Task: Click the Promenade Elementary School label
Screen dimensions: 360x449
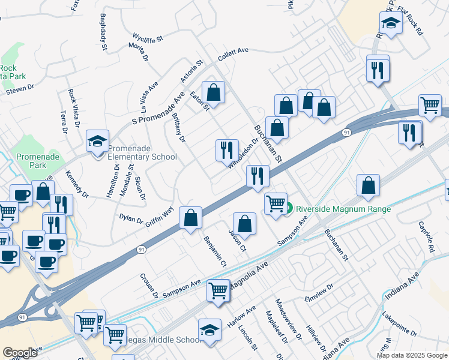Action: (142, 152)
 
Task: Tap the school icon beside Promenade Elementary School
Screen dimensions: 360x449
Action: (97, 142)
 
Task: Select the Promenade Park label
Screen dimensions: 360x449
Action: (31, 160)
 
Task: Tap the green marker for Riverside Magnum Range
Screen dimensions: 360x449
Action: (288, 209)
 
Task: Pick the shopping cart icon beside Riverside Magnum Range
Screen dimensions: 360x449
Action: (276, 203)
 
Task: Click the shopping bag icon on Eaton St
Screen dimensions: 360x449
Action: (212, 93)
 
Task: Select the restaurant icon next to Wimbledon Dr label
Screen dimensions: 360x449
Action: (226, 150)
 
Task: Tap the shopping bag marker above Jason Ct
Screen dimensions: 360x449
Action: (244, 224)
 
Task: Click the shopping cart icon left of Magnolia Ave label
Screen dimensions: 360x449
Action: (218, 290)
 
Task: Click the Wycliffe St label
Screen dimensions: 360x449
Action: (148, 37)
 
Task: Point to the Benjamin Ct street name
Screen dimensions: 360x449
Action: (214, 251)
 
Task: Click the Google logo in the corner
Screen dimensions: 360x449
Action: (19, 353)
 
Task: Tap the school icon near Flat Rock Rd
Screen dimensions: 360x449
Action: (391, 23)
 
